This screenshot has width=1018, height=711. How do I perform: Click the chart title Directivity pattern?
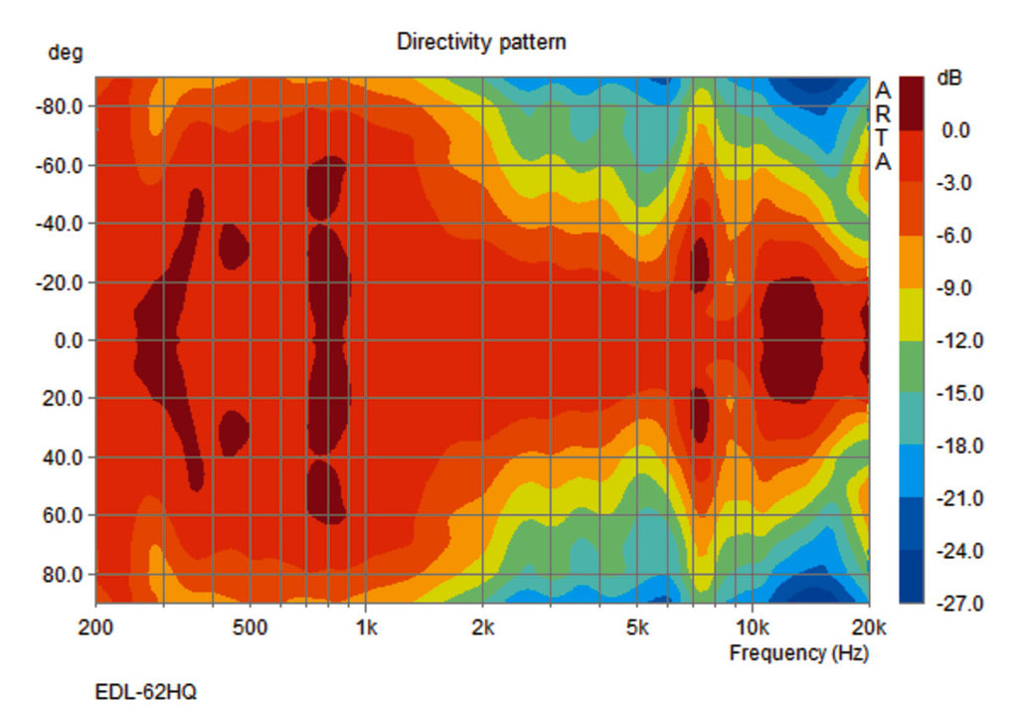[x=481, y=42]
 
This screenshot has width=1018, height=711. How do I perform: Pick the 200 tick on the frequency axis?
[x=95, y=627]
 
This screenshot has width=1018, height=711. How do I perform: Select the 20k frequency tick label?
[x=868, y=627]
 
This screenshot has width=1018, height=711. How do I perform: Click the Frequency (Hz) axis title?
[x=798, y=653]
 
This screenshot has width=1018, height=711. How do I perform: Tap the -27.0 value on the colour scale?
[x=962, y=604]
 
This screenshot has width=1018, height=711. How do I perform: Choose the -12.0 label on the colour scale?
[x=962, y=341]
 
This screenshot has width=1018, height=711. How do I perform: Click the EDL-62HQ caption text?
[x=145, y=691]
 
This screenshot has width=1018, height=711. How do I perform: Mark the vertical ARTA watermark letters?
[x=883, y=126]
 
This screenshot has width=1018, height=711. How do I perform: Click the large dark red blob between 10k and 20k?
[x=792, y=340]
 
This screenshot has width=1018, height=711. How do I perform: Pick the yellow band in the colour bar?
[x=911, y=314]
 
